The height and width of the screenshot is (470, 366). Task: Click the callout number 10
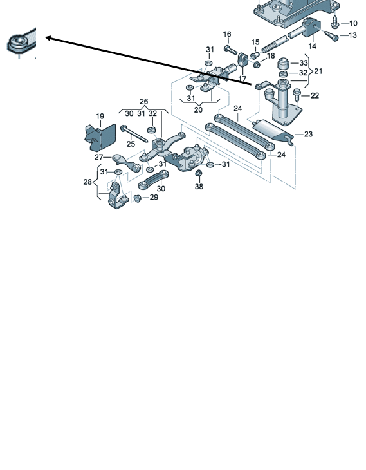[x=353, y=23]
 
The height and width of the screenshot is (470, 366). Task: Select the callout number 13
[x=353, y=35]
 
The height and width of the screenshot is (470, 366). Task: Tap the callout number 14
[x=312, y=46]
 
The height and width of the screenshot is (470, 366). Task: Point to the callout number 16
[x=227, y=35]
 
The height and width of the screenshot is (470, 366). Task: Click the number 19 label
[x=100, y=117]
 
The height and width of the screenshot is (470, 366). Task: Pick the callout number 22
[x=315, y=96]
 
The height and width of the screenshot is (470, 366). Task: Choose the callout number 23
[x=308, y=135]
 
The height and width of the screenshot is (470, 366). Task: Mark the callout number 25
[x=131, y=144]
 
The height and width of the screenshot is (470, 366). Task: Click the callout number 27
[x=99, y=157]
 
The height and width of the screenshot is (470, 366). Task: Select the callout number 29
[x=154, y=197]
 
